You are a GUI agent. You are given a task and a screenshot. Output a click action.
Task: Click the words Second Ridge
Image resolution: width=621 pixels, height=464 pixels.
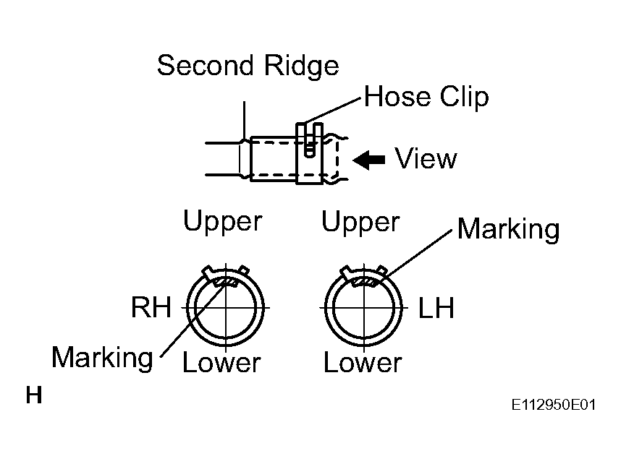pos(248,66)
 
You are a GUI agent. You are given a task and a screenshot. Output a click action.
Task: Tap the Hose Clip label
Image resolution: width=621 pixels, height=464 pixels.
pos(426,96)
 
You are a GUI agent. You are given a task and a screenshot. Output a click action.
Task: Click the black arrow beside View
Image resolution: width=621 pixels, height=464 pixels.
pos(368,160)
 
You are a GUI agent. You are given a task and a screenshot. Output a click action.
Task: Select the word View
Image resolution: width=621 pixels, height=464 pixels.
pos(426,158)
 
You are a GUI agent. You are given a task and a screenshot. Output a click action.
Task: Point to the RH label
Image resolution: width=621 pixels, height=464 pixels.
pos(151,307)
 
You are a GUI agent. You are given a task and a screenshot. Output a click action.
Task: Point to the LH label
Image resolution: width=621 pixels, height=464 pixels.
pos(436,308)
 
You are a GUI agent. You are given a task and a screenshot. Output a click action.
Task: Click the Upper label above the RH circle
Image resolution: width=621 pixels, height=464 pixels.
pos(223,221)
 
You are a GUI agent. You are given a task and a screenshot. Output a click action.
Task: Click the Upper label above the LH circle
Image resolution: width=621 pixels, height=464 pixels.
pos(360,221)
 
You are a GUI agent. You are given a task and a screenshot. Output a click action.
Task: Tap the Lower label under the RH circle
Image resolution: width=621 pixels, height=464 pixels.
pos(221,362)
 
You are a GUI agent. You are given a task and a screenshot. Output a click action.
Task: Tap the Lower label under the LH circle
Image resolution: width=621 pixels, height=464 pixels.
pos(363,362)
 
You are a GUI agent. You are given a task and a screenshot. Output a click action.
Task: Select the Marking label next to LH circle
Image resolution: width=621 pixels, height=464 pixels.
pos(509,229)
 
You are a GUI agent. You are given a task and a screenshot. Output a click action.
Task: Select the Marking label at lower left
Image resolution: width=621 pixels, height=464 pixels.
pos(102,358)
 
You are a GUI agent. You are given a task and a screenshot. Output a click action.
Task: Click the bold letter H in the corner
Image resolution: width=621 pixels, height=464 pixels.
pos(34,395)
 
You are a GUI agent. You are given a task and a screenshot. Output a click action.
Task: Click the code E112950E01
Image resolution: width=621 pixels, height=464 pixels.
pos(553,405)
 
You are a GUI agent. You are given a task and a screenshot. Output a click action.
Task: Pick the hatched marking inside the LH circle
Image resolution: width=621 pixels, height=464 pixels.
pos(364,282)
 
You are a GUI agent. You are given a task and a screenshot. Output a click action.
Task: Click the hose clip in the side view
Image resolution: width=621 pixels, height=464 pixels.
pos(310,153)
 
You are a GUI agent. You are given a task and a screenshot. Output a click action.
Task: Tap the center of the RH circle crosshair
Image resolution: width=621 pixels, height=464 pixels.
pos(226,307)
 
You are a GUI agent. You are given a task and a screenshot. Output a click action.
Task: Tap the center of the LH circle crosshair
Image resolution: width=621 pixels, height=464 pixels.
pos(364,307)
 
